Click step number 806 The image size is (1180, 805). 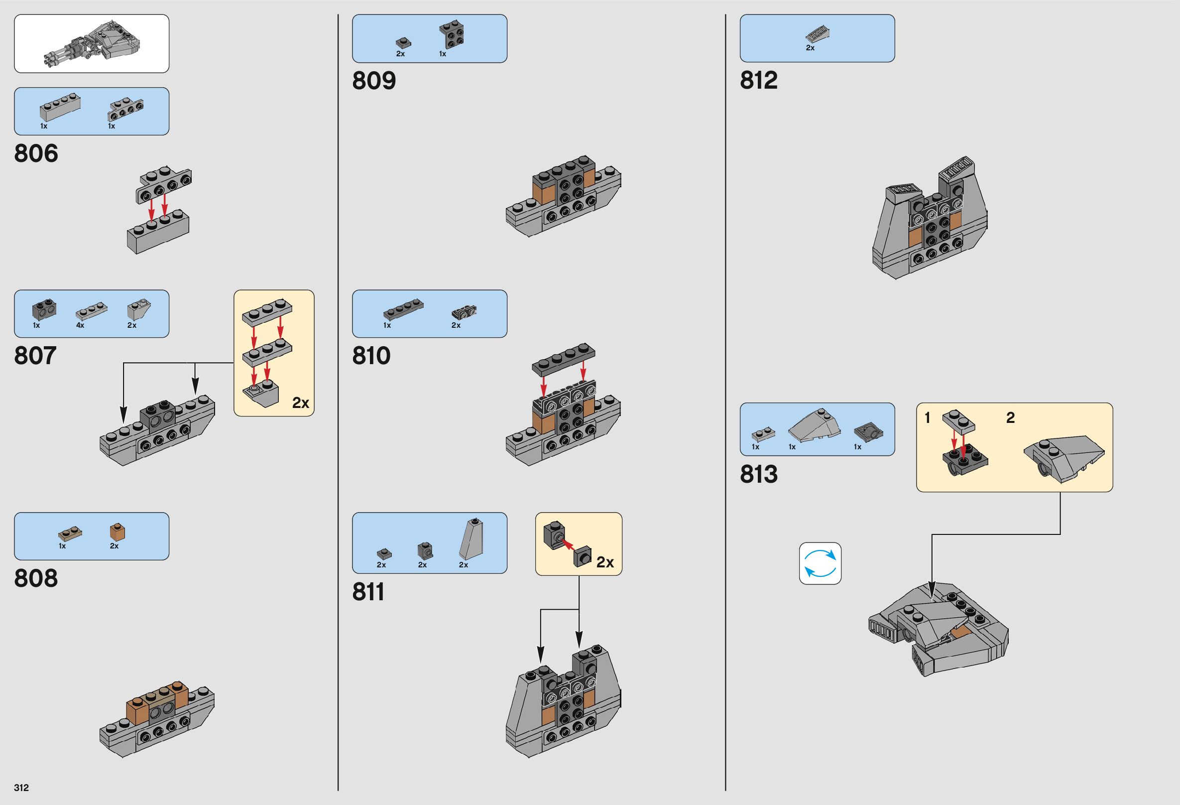[36, 153]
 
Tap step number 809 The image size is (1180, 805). [374, 81]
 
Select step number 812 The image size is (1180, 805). [759, 80]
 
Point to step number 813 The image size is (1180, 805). [759, 474]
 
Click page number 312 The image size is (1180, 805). [21, 788]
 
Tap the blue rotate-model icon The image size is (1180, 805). [820, 563]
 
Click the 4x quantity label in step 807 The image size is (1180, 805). [80, 325]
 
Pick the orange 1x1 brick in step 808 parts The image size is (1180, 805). [118, 532]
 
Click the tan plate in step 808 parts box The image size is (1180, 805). [70, 534]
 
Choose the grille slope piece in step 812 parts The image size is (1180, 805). [817, 34]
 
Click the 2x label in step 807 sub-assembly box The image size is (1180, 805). [300, 403]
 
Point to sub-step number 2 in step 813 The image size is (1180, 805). [1010, 418]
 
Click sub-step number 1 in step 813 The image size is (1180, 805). [928, 418]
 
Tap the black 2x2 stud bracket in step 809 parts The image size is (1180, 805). [452, 34]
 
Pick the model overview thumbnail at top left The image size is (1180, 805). [92, 44]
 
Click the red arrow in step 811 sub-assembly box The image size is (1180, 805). [570, 544]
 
